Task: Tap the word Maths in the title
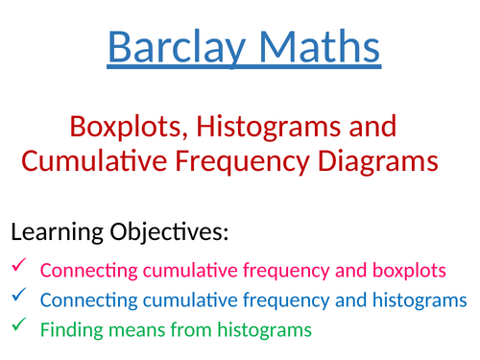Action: click(314, 46)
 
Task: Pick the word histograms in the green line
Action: click(260, 331)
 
